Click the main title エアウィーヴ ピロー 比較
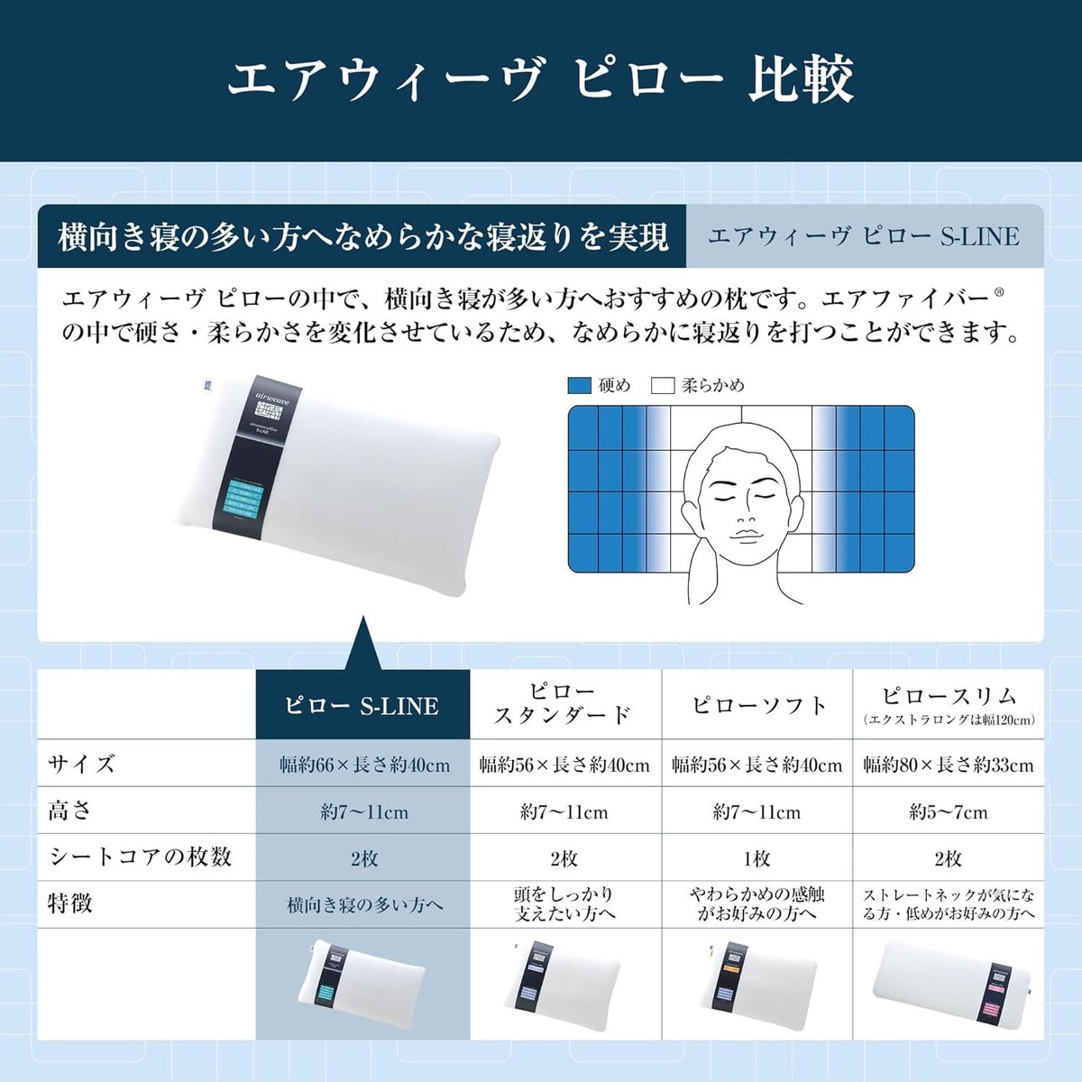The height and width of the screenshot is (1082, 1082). coord(540,79)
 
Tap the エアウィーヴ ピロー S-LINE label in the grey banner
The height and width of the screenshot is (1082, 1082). coord(864,236)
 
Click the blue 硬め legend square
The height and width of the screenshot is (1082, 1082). coord(579,386)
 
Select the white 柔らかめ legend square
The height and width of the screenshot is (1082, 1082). coord(663,386)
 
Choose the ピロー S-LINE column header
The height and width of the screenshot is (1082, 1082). coord(362,705)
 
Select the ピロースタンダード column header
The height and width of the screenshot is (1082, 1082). coord(564,704)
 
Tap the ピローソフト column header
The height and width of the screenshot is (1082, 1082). coord(757,705)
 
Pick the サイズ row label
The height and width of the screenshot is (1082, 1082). coord(82,764)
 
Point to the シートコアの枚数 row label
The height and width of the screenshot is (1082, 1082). coord(140,857)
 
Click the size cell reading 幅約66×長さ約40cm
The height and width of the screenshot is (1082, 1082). coord(364,765)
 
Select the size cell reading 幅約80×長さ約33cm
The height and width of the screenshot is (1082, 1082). coord(949,765)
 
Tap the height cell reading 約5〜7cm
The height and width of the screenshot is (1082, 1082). coord(949,811)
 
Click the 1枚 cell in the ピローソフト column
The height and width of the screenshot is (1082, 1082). coord(757,858)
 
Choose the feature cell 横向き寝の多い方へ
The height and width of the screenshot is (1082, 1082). coord(364,904)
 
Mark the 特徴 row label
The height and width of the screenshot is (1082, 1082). coord(70,903)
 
